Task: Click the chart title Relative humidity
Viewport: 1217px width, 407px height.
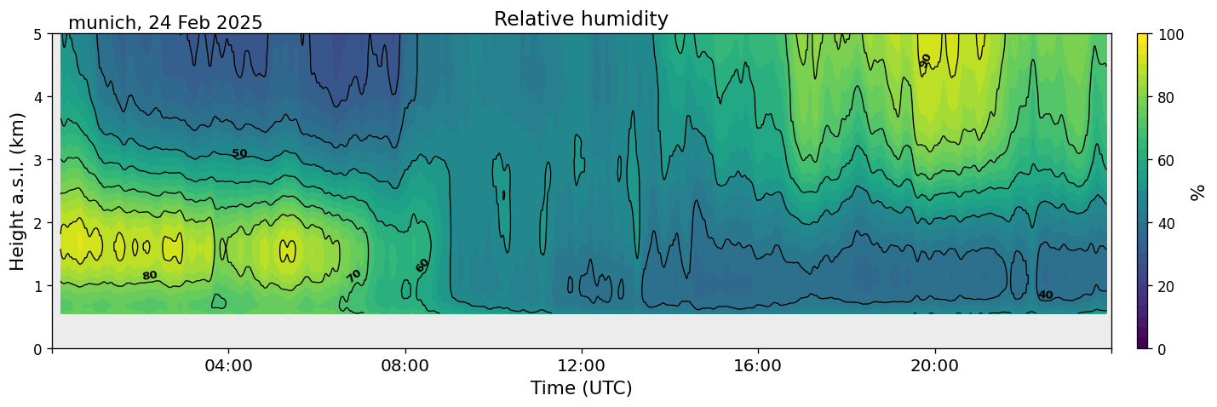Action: coord(581,19)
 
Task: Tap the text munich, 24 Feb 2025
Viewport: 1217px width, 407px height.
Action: coord(165,23)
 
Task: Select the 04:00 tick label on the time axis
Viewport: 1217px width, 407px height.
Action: coord(229,366)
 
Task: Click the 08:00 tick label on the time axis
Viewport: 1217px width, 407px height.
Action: coord(405,366)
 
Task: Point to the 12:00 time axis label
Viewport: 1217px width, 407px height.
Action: coord(582,366)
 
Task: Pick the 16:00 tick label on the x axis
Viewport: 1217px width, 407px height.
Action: coord(758,366)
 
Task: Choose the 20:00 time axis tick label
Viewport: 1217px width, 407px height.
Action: coord(935,366)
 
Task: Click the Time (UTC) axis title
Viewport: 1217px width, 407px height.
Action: coord(582,388)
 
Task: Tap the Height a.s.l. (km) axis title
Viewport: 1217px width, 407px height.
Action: coord(18,192)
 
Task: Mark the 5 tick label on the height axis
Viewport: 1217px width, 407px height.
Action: coord(38,34)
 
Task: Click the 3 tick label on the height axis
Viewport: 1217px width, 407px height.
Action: coord(38,160)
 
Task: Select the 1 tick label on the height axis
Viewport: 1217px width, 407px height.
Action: coord(38,286)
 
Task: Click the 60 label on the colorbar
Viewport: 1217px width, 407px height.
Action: coord(1168,160)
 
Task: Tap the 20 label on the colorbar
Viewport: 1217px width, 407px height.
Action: coord(1168,286)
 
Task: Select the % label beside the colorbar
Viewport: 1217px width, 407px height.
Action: coord(1198,192)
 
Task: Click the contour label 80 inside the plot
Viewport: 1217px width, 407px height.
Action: coord(150,276)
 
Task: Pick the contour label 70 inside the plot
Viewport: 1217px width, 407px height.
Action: coord(354,276)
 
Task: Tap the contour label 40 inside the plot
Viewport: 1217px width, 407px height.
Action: coord(1045,295)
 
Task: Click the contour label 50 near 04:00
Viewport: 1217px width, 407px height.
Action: coord(240,154)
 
